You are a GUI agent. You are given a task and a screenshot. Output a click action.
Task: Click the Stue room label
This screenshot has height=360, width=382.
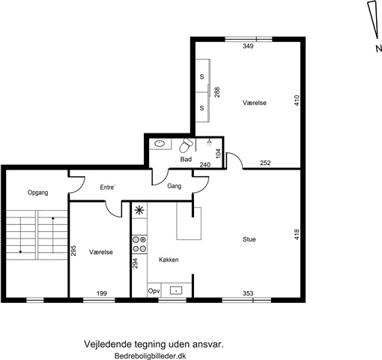pyautogui.click(x=249, y=239)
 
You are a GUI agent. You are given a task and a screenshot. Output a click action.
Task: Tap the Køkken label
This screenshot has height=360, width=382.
pyautogui.click(x=169, y=259)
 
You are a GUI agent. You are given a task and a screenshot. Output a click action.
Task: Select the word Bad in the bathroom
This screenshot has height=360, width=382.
pyautogui.click(x=186, y=159)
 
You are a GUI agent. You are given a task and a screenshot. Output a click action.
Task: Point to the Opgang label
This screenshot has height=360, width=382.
pyautogui.click(x=38, y=193)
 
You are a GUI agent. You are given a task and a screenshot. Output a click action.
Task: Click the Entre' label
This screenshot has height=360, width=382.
pyautogui.click(x=107, y=187)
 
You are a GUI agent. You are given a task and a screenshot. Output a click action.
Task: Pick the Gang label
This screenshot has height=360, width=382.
pyautogui.click(x=175, y=186)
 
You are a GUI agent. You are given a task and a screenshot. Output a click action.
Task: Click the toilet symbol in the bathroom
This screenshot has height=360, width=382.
pyautogui.click(x=186, y=145)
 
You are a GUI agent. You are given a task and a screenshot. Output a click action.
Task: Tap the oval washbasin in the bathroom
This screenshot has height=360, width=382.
pyautogui.click(x=160, y=143)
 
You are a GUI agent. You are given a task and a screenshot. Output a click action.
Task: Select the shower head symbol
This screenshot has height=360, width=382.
pyautogui.click(x=209, y=143)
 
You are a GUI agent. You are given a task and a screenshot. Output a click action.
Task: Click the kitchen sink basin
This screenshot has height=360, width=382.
pyautogui.click(x=176, y=290)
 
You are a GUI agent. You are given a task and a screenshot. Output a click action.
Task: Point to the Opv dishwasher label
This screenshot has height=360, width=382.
pyautogui.click(x=154, y=291)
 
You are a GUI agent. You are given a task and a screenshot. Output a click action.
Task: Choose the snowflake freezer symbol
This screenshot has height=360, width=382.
pyautogui.click(x=139, y=211)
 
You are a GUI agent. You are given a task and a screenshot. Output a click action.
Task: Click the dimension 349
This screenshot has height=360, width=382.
pyautogui.click(x=248, y=46)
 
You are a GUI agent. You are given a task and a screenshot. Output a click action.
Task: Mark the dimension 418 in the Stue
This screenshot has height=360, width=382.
pyautogui.click(x=297, y=235)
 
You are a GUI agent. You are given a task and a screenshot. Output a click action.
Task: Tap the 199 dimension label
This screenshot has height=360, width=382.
pyautogui.click(x=102, y=293)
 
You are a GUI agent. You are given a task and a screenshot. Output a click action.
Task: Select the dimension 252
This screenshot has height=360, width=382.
pyautogui.click(x=265, y=163)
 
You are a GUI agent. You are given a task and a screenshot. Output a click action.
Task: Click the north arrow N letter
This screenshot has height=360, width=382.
pyautogui.click(x=379, y=49)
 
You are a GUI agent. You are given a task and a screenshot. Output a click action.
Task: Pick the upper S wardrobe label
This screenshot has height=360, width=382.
pyautogui.click(x=201, y=76)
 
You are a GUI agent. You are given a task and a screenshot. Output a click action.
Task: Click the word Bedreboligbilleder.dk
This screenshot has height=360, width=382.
pyautogui.click(x=151, y=355)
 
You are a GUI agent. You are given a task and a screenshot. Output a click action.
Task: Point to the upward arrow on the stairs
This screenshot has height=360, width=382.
pyautogui.click(x=53, y=235)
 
